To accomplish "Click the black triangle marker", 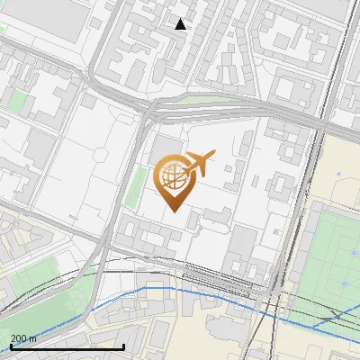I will coord(181,24).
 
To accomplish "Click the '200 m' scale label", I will coord(23,338).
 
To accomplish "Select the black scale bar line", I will coord(67,346).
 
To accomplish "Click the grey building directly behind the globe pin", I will coord(167,148).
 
